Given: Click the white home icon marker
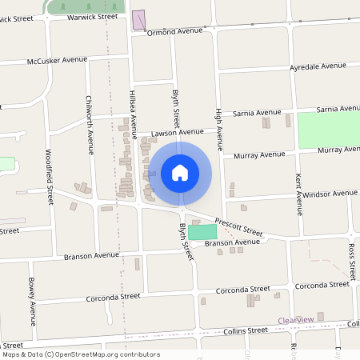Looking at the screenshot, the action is pyautogui.click(x=180, y=173).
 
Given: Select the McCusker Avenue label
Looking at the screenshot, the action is pyautogui.click(x=57, y=59).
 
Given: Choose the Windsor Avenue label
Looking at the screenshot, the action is pyautogui.click(x=330, y=194).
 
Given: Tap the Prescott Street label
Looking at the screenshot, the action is pyautogui.click(x=237, y=230).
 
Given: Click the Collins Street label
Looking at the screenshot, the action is pyautogui.click(x=246, y=330).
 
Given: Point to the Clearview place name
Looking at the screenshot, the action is pyautogui.click(x=295, y=320).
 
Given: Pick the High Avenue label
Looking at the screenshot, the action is pyautogui.click(x=217, y=128).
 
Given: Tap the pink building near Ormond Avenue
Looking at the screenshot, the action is pyautogui.click(x=138, y=21).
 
